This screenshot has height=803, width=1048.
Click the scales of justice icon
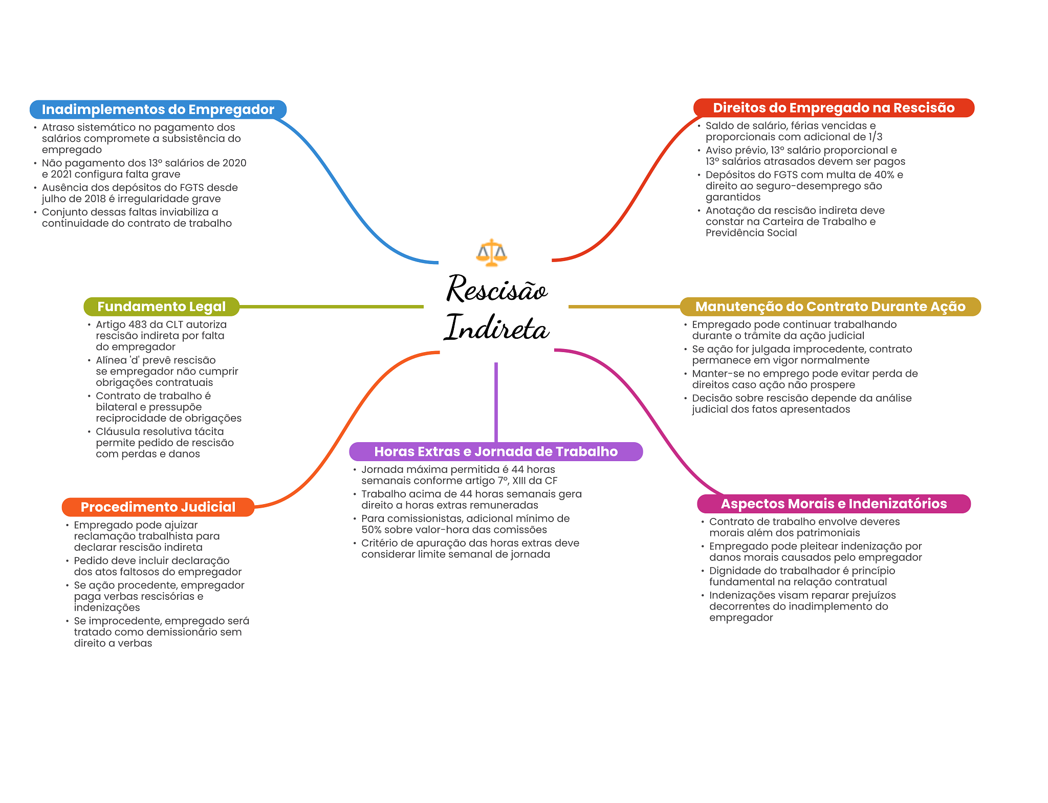(491, 252)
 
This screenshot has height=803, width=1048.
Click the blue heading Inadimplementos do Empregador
(158, 110)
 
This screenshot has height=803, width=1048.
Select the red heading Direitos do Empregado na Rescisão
(834, 108)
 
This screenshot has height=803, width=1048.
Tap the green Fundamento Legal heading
(162, 307)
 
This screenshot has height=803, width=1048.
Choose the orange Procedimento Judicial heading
(158, 507)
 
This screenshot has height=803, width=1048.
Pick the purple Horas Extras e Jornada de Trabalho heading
(496, 451)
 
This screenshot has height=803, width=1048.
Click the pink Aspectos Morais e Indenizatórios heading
(834, 504)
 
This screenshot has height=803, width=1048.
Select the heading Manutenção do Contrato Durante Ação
(830, 307)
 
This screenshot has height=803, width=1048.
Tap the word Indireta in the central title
(496, 328)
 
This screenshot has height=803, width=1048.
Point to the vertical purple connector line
(496, 402)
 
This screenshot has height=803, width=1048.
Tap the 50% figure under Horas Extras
(372, 530)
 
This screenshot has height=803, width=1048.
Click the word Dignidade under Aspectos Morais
(734, 571)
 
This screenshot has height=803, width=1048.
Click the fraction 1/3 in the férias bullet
(876, 137)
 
